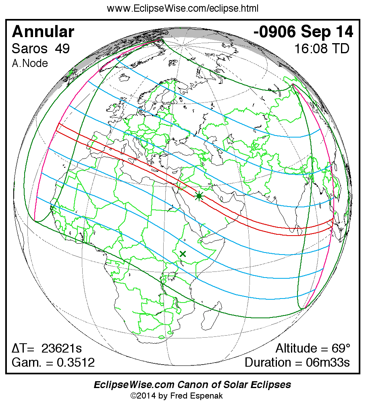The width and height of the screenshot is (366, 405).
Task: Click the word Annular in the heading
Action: pyautogui.click(x=43, y=31)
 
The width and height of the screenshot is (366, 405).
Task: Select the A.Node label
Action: pyautogui.click(x=30, y=63)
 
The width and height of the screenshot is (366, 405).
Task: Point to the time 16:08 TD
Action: pyautogui.click(x=321, y=49)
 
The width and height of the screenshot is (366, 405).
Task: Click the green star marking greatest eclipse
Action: pyautogui.click(x=199, y=196)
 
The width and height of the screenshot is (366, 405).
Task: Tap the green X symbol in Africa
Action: pyautogui.click(x=183, y=254)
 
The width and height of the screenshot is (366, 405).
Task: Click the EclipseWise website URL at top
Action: pyautogui.click(x=183, y=8)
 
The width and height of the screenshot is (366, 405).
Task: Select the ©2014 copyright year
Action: pyautogui.click(x=143, y=396)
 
